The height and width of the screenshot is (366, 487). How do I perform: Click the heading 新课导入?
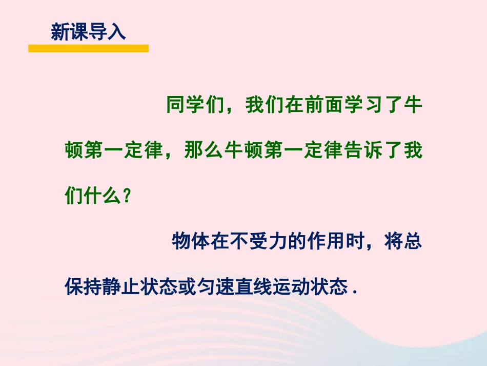[x=88, y=32]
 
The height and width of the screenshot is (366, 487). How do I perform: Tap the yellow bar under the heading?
[x=88, y=48]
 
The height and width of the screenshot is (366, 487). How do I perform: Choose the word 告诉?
[x=363, y=151]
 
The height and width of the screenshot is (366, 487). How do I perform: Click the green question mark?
[x=127, y=196]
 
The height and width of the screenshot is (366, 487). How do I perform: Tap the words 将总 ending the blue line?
[x=404, y=241]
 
